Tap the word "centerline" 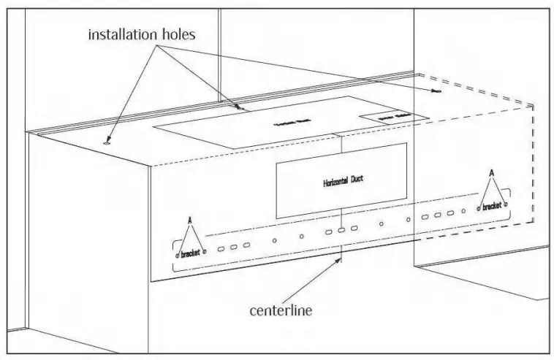coord(281,310)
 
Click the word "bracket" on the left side coord(190,254)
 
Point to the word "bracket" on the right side coord(491,207)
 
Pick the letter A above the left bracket coord(190,220)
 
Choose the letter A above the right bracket coord(491,173)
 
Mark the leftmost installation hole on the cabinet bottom coord(107,143)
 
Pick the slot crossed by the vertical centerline coord(341,230)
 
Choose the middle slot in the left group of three coord(234,247)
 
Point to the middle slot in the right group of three coord(439,215)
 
